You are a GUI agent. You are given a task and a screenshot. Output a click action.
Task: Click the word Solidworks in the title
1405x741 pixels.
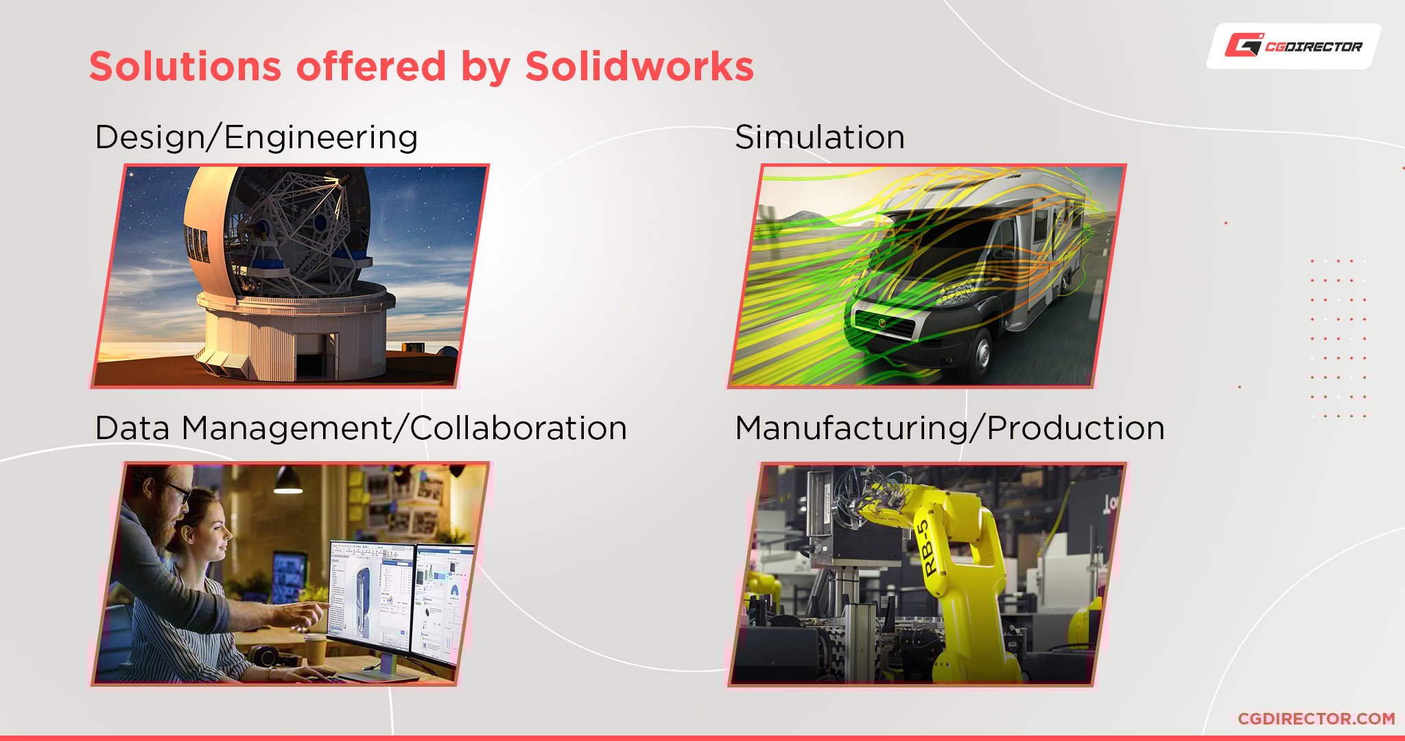[639, 67]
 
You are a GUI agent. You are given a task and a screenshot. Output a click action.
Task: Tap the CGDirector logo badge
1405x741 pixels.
[1294, 46]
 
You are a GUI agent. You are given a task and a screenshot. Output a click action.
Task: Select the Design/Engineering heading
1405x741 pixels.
[257, 137]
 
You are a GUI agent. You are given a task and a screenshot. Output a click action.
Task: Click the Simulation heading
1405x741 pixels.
[820, 137]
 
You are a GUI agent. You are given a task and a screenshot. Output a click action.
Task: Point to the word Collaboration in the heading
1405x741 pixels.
[519, 427]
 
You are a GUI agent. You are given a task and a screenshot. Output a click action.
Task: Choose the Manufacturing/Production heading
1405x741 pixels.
[950, 428]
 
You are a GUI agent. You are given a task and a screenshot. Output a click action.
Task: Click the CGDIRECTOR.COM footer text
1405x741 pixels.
[1317, 718]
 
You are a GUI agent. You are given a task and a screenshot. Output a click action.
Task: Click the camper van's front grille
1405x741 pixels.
[884, 322]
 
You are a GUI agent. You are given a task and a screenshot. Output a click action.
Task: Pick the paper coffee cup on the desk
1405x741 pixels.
[316, 648]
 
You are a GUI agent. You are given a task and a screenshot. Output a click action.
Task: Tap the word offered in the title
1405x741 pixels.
[371, 67]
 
